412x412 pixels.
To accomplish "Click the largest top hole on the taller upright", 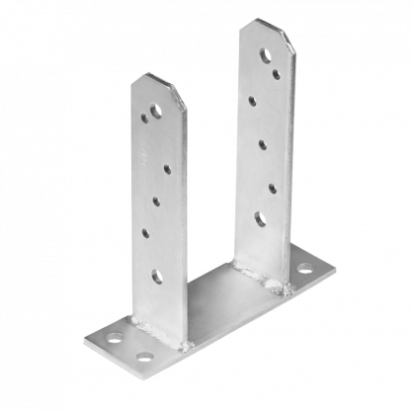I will [265, 55].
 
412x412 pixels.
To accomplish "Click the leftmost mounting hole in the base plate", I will [116, 339].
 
